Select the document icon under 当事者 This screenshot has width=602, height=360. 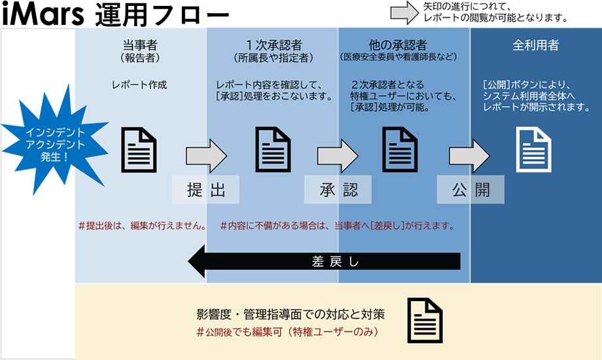pos(140,149)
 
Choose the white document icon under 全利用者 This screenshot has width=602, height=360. pos(535,149)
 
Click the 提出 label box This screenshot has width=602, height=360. pos(205,190)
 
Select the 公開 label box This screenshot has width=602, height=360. pos(470,190)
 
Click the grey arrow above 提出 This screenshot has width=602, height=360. pos(205,156)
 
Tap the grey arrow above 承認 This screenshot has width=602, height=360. pos(338,156)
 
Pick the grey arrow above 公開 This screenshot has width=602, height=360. pos(469,156)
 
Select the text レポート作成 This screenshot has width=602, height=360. pos(140,85)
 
